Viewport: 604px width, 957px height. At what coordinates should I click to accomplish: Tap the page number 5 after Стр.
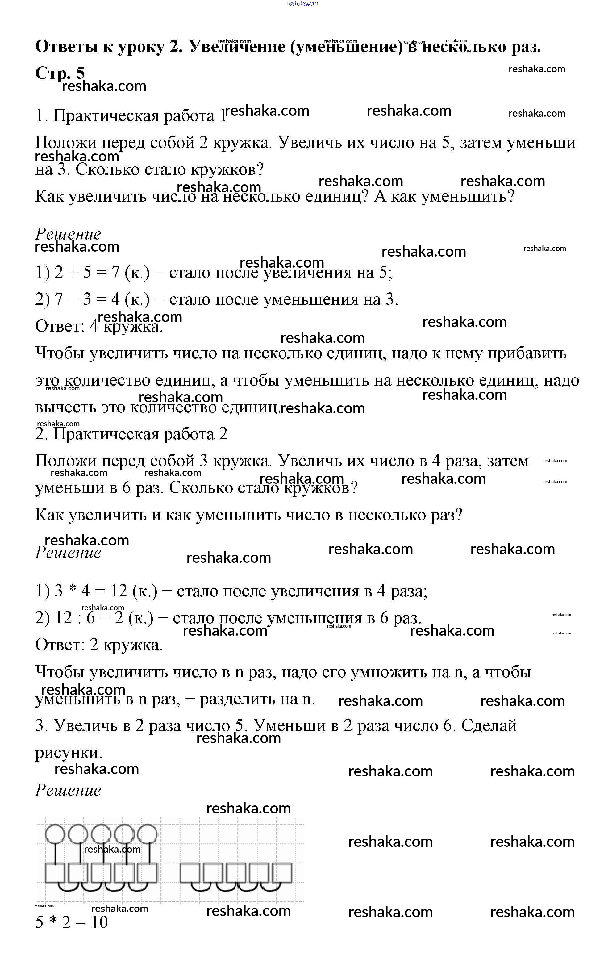point(80,73)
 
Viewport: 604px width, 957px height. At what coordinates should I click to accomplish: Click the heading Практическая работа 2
point(131,434)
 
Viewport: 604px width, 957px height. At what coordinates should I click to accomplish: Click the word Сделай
point(489,726)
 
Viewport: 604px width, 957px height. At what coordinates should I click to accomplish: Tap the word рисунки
point(68,753)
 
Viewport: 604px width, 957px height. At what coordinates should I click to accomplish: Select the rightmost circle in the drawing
point(148,834)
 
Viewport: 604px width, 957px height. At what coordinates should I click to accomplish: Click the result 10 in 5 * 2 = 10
point(99,922)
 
